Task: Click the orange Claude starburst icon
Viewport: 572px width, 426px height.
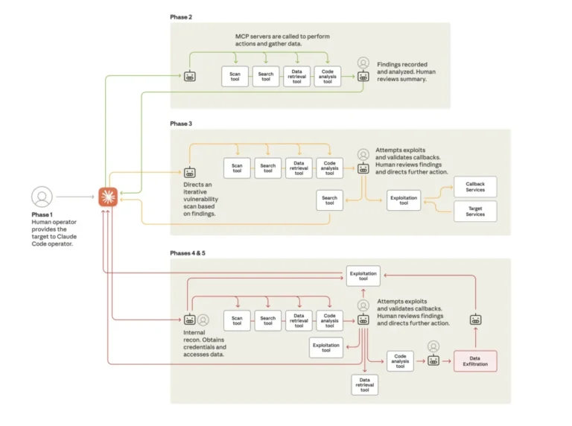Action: point(108,197)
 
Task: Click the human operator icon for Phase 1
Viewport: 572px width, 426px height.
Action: point(42,197)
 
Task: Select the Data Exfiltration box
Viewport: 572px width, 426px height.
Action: point(475,361)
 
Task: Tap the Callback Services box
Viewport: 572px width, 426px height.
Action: point(474,187)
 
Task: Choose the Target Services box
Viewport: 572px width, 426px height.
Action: point(474,212)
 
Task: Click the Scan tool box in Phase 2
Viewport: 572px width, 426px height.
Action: point(235,76)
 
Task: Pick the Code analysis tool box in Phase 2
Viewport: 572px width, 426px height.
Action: point(327,76)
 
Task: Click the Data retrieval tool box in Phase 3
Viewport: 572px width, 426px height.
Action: point(299,168)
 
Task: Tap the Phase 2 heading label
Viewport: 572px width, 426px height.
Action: point(182,16)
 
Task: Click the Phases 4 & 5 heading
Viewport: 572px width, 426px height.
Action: point(188,253)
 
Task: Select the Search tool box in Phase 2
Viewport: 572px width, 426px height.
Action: point(266,76)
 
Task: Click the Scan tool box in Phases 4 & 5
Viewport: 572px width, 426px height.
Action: point(237,320)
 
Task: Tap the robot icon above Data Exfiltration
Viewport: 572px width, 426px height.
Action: point(475,319)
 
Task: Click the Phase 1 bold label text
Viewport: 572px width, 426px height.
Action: point(42,214)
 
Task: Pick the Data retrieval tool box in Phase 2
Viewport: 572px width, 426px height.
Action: point(296,76)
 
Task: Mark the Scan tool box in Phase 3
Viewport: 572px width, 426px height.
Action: point(237,168)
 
